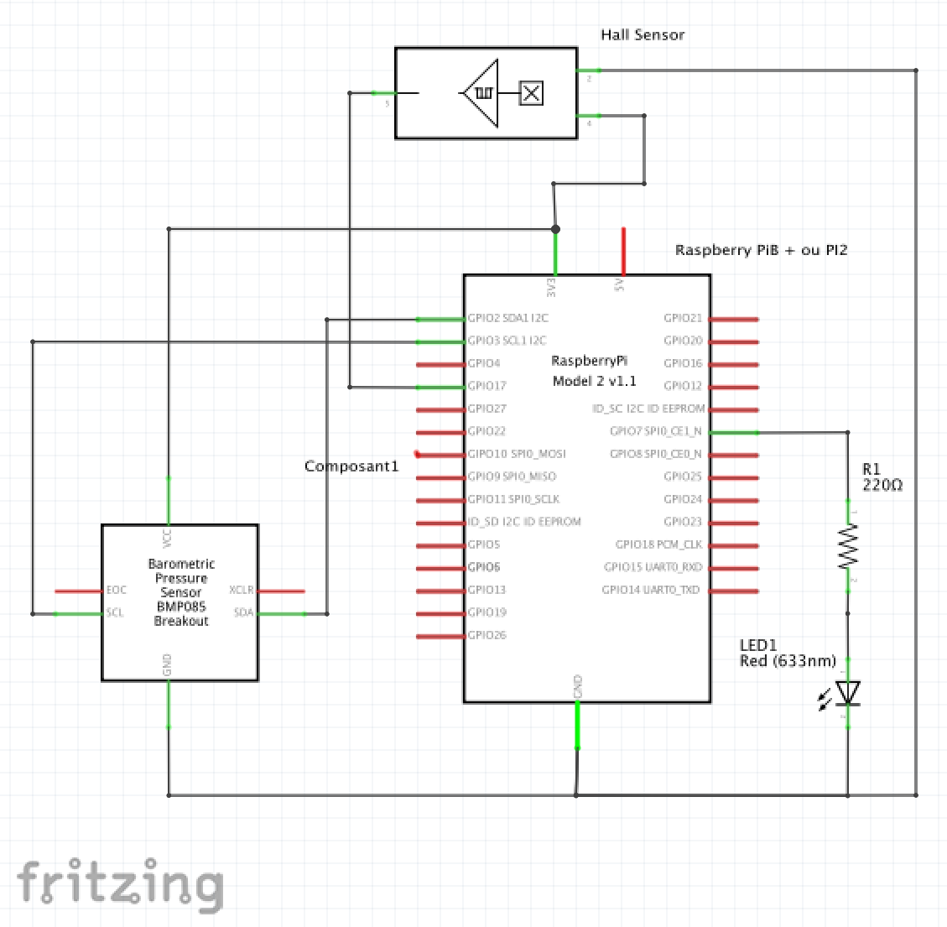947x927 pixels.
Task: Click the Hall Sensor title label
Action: [643, 35]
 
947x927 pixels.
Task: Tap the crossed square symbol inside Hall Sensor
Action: [531, 93]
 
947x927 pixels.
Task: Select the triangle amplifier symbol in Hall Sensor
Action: [481, 93]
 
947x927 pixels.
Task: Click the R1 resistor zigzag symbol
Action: [848, 545]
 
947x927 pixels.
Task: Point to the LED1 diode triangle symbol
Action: [848, 692]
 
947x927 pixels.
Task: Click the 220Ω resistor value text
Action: [882, 486]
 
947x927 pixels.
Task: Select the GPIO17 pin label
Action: [487, 386]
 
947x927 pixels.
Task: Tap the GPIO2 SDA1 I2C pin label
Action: [507, 319]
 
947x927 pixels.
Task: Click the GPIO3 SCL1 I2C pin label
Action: [507, 341]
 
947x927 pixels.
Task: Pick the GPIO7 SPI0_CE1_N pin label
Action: [656, 431]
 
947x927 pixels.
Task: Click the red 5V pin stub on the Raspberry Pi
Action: [622, 250]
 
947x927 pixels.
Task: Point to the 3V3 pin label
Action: [551, 287]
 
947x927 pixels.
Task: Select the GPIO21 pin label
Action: [683, 319]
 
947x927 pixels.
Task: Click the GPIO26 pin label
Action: [487, 635]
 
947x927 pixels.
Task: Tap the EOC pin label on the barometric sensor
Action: [117, 591]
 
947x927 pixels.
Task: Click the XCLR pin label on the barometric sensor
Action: [242, 591]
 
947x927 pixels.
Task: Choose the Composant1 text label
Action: [351, 466]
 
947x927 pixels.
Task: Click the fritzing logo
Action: [120, 884]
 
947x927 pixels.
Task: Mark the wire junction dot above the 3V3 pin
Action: [555, 229]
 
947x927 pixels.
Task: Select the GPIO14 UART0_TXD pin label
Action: [651, 590]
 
